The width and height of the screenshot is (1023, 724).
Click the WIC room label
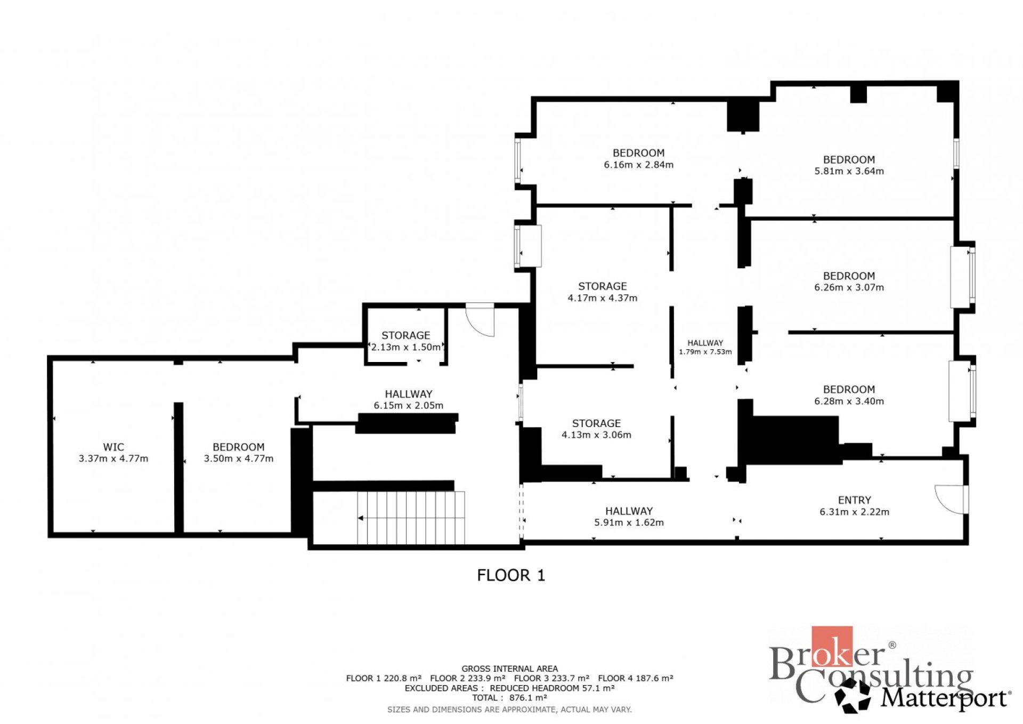tap(113, 447)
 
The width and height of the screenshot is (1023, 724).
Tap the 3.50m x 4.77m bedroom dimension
tap(239, 458)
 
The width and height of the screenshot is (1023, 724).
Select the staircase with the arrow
tap(411, 518)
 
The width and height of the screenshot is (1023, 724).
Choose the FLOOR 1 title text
tap(511, 575)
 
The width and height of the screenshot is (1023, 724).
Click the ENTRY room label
tap(855, 500)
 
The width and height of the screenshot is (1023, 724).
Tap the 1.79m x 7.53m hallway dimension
tap(705, 352)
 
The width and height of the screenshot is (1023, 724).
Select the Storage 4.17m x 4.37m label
tap(603, 292)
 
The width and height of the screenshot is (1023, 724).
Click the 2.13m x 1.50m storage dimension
tap(406, 347)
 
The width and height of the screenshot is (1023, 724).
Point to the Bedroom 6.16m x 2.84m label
tap(639, 159)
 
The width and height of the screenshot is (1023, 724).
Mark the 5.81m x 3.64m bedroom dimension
tap(849, 171)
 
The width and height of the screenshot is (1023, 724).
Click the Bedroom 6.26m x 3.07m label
tap(849, 281)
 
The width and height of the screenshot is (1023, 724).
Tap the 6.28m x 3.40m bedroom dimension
tap(849, 401)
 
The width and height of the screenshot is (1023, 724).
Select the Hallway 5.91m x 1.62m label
tap(629, 517)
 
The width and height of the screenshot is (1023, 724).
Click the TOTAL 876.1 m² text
tap(509, 698)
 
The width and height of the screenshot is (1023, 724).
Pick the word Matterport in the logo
tap(945, 697)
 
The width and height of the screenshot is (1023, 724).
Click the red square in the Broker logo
tap(832, 647)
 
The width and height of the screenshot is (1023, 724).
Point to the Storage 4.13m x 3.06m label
tap(597, 429)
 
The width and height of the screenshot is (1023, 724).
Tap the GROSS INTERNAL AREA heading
tap(510, 669)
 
